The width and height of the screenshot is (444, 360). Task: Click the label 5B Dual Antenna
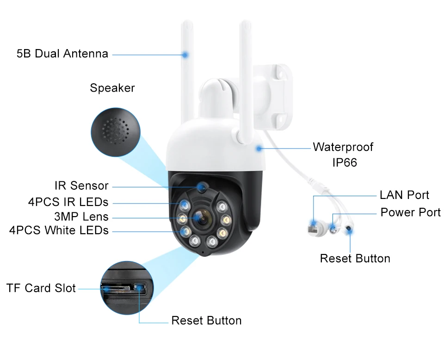pos(62,54)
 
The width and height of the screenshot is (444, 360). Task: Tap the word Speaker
pos(112,88)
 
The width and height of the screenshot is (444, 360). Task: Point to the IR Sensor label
pos(81,186)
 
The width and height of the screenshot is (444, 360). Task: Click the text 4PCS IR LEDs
pos(68,202)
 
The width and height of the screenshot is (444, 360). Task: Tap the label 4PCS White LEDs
pos(59,230)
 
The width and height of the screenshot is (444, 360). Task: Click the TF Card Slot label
pos(41,288)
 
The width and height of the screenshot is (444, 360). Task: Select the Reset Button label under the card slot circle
pos(206,320)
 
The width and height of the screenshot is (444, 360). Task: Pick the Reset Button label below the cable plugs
pos(355,258)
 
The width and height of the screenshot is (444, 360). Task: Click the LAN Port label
pos(404,195)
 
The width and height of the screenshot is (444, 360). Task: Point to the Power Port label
pos(411,212)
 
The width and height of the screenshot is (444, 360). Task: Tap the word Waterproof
pos(343,147)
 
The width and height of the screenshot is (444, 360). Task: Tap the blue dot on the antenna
pos(185,55)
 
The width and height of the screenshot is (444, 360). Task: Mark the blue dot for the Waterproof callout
pos(259,149)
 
